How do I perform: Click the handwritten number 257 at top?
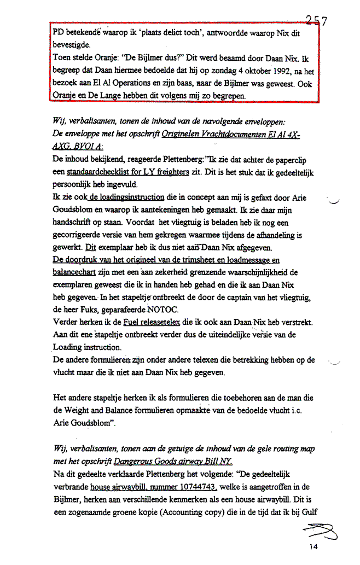[x=316, y=21]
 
